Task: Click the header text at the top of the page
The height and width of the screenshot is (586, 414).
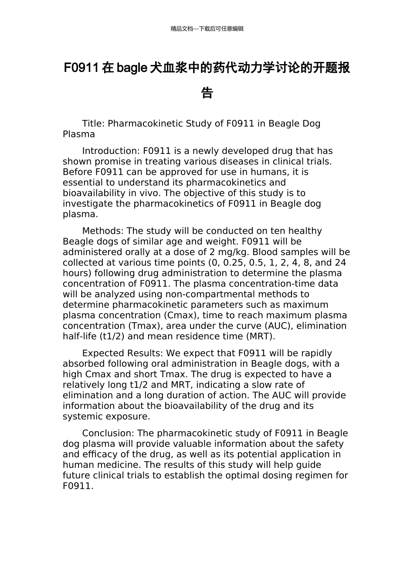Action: [207, 29]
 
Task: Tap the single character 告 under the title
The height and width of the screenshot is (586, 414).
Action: [207, 93]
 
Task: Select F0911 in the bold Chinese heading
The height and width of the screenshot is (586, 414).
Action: [81, 68]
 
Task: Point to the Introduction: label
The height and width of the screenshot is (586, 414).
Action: [111, 151]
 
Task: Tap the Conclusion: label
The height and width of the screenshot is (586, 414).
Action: [108, 433]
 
